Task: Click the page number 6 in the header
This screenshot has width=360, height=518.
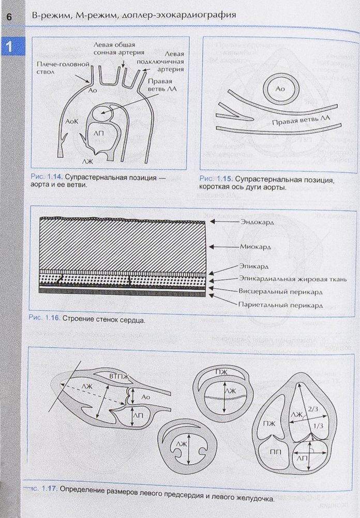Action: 8,16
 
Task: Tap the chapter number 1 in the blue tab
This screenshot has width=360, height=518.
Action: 8,48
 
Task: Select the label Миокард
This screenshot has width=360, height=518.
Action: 252,247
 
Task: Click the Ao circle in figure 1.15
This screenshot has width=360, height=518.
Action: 280,89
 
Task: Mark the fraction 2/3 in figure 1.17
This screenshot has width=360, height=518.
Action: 312,408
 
